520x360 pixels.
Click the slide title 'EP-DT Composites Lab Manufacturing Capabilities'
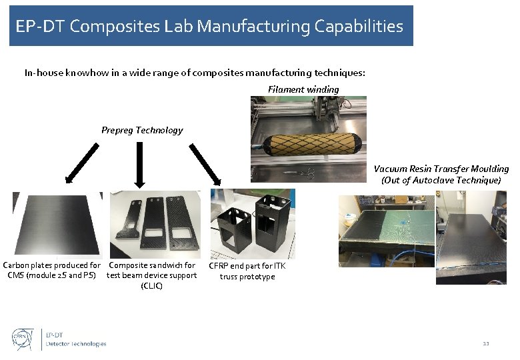coord(211,27)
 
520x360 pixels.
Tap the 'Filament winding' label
coord(303,89)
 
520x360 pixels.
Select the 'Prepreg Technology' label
coord(142,130)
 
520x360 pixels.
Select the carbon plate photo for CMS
coord(57,223)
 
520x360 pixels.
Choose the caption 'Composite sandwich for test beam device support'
coord(152,275)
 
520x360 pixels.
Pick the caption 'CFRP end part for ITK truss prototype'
coord(247,271)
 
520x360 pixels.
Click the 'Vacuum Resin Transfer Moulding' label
coord(441,174)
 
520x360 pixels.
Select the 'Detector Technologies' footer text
coord(75,344)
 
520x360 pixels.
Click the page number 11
coord(485,343)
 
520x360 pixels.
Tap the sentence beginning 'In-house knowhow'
coord(195,72)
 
